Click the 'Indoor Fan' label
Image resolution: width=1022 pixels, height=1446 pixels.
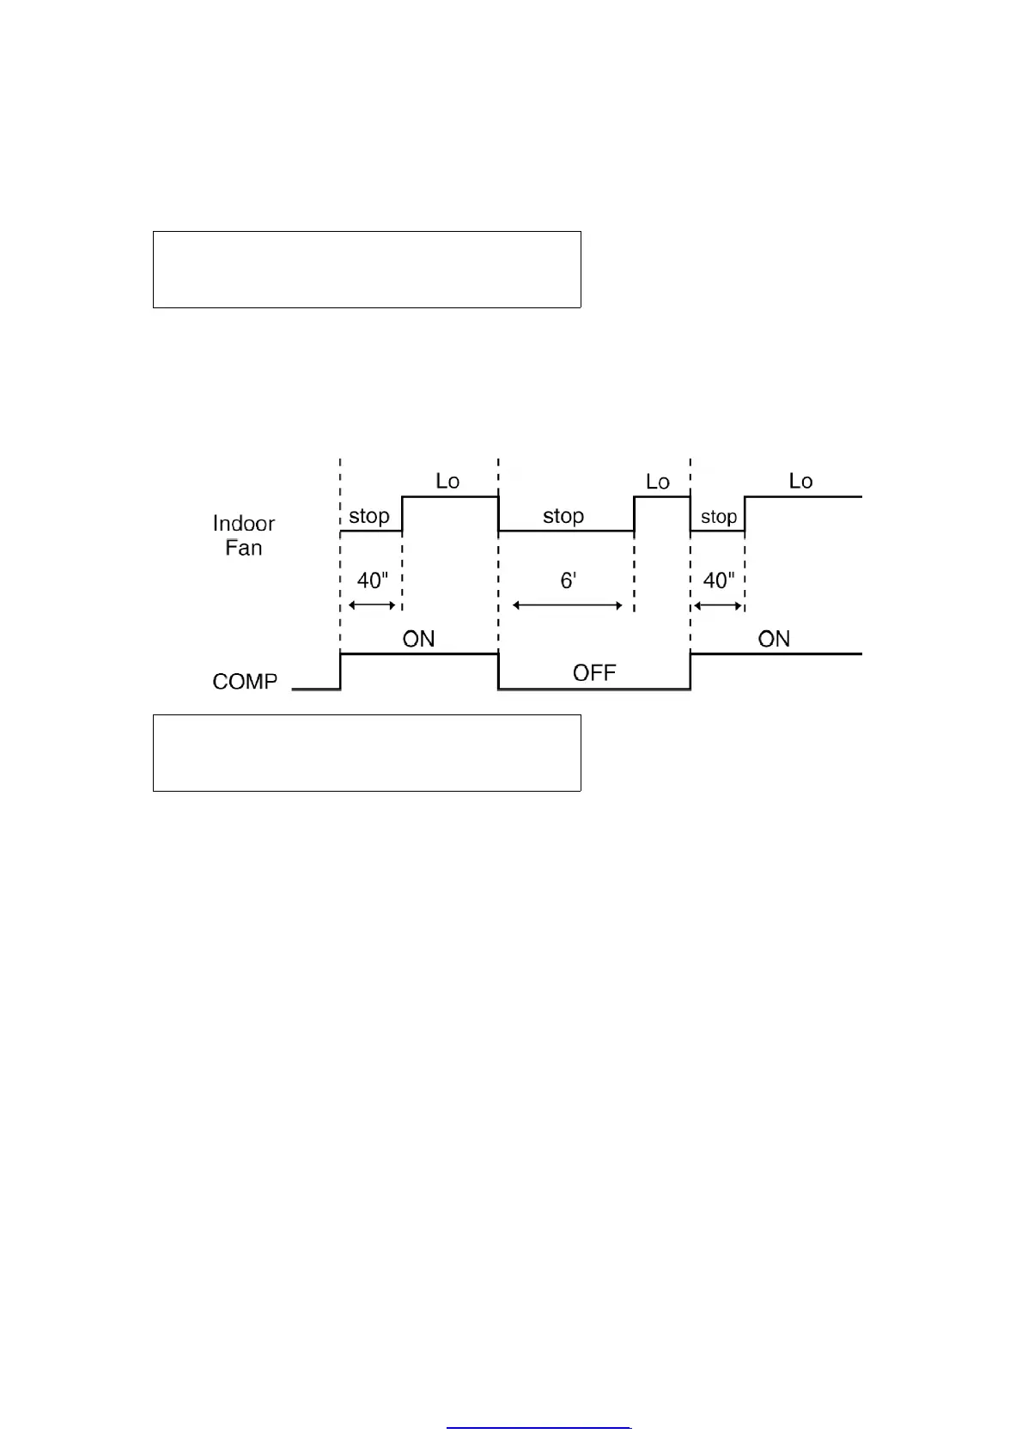(x=244, y=535)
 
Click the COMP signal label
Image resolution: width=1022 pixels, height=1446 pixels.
(x=245, y=681)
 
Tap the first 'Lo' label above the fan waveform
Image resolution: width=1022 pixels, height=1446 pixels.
(x=447, y=481)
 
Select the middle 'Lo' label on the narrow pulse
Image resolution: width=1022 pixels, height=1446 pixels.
(x=657, y=482)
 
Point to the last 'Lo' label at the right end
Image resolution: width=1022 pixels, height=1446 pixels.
(x=800, y=481)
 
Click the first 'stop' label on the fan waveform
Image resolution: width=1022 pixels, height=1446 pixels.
(x=369, y=516)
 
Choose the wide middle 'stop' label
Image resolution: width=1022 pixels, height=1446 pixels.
(x=563, y=516)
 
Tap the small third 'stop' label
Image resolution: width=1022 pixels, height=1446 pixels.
(x=719, y=517)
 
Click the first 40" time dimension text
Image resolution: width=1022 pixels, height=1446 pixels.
(x=373, y=580)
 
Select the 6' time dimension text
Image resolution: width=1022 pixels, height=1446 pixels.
(x=568, y=580)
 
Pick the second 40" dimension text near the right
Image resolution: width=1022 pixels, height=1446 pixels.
(x=719, y=580)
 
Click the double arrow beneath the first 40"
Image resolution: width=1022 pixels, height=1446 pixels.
(x=372, y=605)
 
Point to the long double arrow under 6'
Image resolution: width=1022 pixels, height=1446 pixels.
(x=568, y=605)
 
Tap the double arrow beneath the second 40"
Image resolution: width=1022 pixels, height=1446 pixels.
(x=718, y=606)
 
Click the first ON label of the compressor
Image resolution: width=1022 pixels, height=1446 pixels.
(x=418, y=639)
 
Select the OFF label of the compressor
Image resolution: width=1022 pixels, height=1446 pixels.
(x=594, y=672)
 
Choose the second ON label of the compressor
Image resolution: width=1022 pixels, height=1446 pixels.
(x=774, y=639)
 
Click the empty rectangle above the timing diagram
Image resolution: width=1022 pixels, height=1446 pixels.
(x=367, y=269)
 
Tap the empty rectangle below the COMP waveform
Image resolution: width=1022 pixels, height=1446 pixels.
(x=367, y=752)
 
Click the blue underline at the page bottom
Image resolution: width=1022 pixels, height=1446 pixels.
(x=538, y=1427)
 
